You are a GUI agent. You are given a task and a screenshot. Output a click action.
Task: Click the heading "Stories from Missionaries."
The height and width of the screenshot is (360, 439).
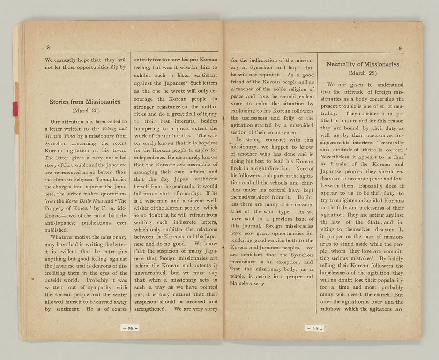pos(86,101)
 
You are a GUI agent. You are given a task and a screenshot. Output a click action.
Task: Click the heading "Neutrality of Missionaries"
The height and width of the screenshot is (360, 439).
pos(363,64)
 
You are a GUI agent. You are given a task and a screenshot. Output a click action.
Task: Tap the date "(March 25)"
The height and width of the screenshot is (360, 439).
pos(86,111)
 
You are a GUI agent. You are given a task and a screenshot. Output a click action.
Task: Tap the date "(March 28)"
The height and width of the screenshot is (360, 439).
pos(363,74)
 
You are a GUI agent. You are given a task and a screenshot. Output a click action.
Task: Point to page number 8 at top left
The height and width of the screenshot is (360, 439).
pos(48,47)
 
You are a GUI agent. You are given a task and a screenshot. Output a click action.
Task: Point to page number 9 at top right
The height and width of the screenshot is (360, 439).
pos(400,48)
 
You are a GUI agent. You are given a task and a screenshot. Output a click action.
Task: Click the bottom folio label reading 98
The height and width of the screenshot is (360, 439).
pos(129,328)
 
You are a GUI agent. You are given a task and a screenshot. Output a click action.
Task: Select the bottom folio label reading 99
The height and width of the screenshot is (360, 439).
pos(314,328)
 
